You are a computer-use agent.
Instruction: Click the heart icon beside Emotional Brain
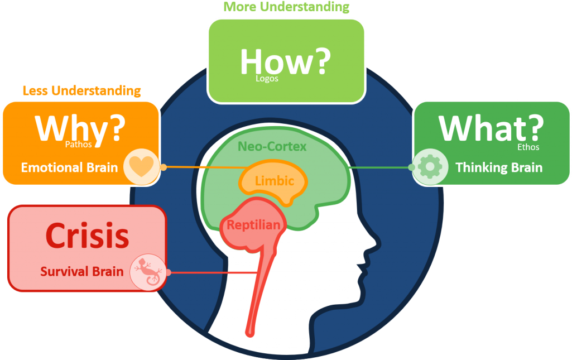tap(142, 166)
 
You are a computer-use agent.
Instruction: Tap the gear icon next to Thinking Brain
tap(430, 167)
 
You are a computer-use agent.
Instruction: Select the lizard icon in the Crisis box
tap(148, 272)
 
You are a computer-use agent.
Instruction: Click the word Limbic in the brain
tap(275, 180)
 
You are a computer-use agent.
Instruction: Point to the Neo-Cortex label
tap(272, 146)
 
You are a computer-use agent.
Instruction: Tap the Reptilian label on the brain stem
tap(253, 225)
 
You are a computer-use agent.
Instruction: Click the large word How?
tap(285, 61)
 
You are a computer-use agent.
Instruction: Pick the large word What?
tap(491, 128)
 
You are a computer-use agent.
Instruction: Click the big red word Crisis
tap(88, 236)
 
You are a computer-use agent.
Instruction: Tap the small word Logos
tap(267, 79)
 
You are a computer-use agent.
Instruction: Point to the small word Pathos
tap(79, 145)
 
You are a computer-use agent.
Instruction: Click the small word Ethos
tap(528, 147)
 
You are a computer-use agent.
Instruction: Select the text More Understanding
tap(286, 7)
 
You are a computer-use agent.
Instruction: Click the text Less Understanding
tap(81, 90)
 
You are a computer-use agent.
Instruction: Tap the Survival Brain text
tap(81, 272)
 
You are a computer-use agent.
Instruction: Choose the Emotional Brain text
tap(69, 167)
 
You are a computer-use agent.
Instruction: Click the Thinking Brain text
tap(499, 167)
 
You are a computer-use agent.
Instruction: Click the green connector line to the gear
tap(380, 167)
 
